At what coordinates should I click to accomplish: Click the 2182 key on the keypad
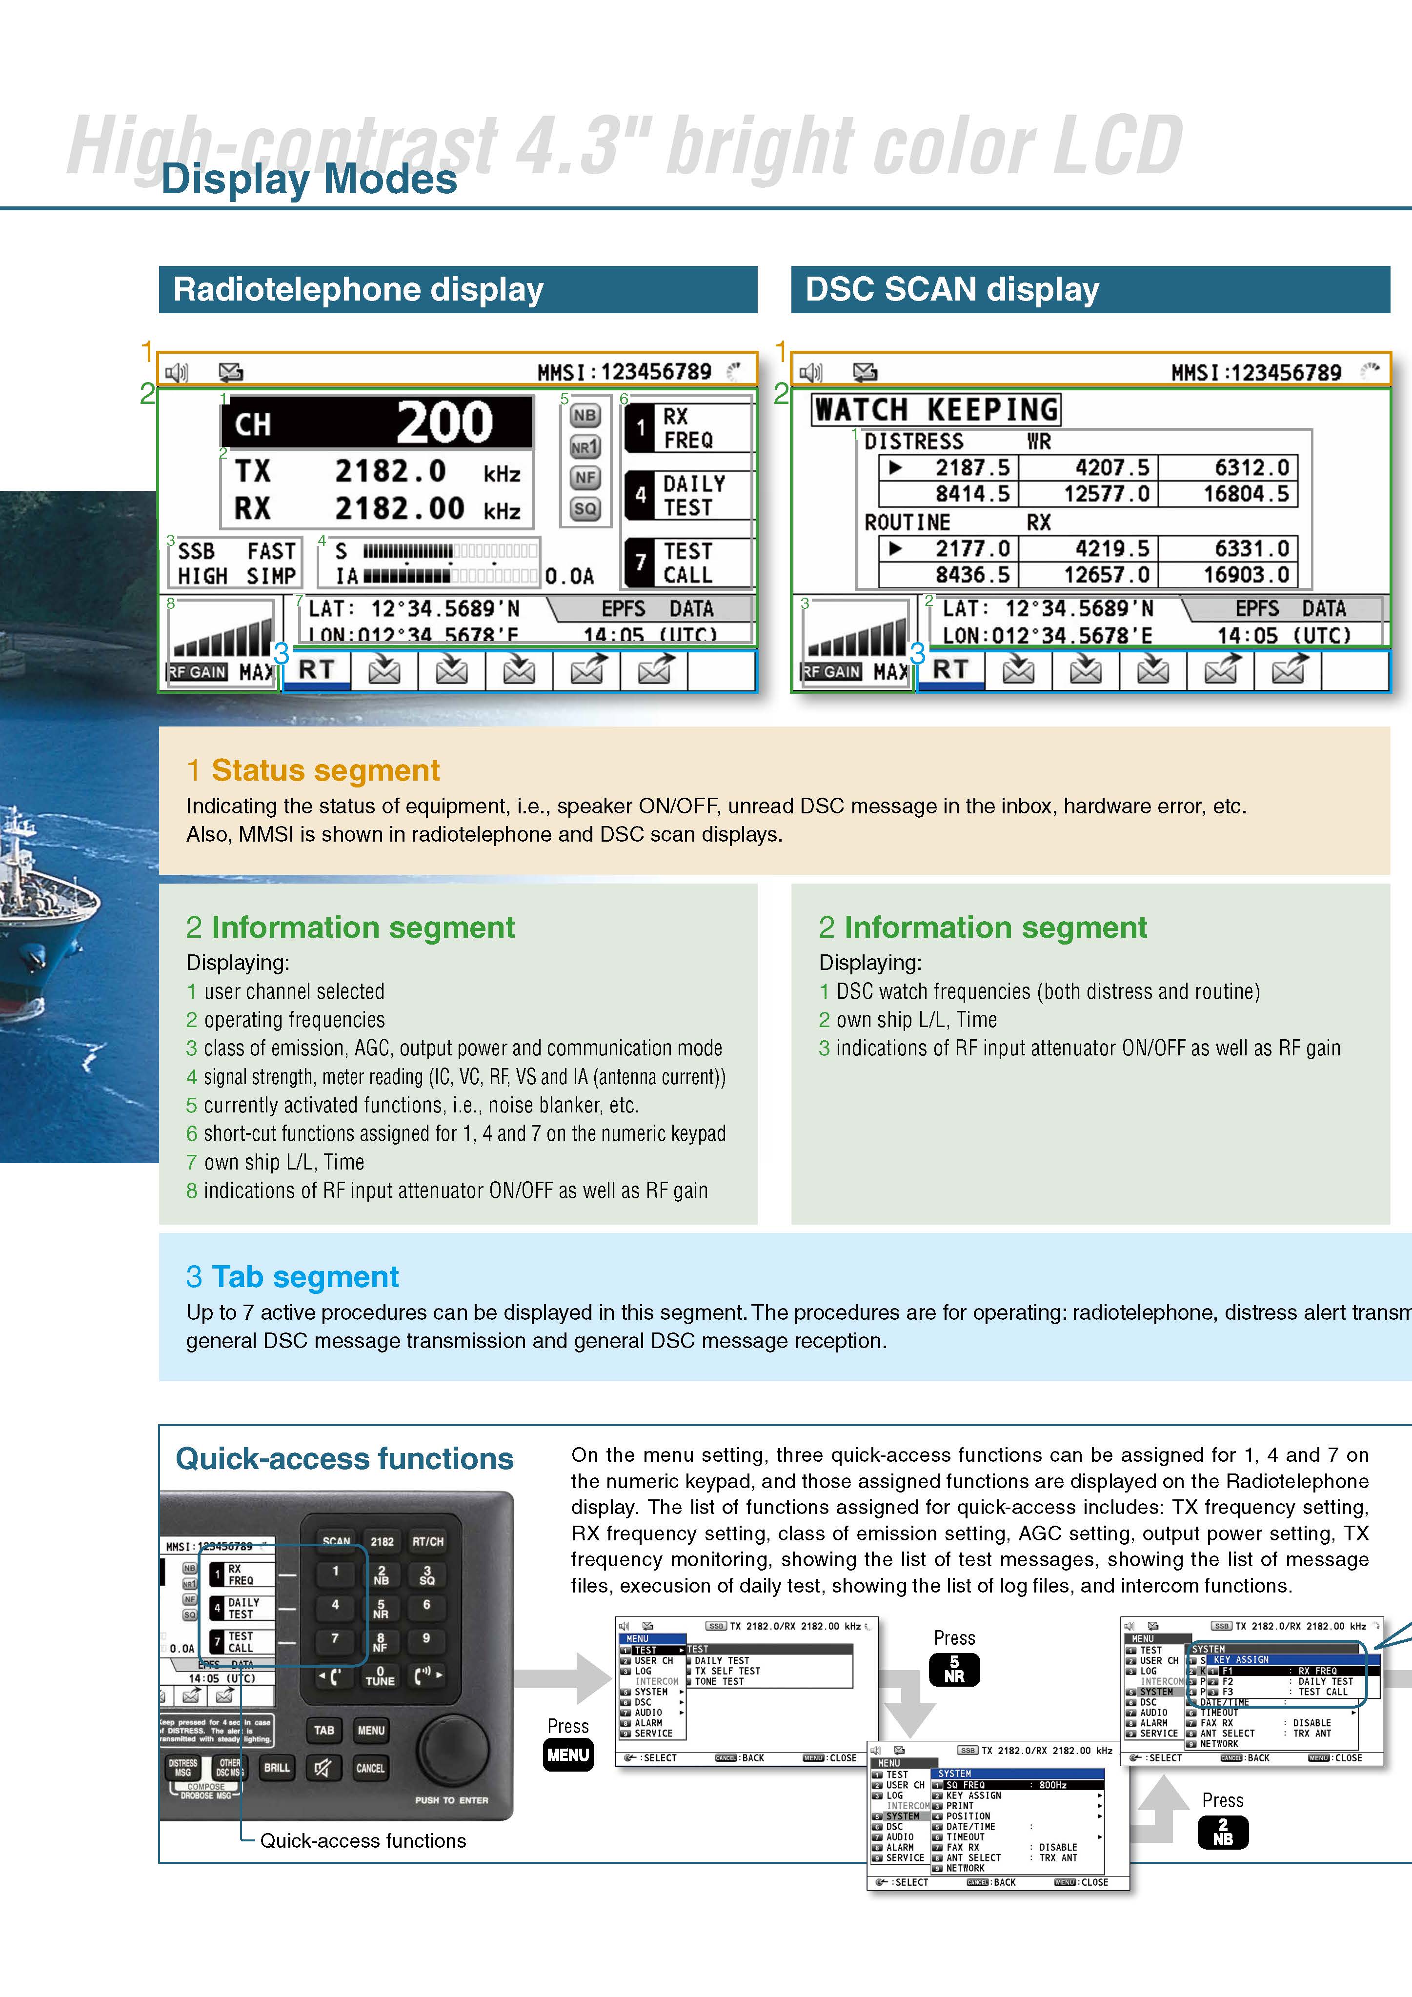click(x=382, y=1541)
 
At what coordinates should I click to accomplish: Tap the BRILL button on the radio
click(x=277, y=1767)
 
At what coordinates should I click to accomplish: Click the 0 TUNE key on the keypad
click(x=380, y=1675)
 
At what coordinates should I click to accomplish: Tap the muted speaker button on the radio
click(x=323, y=1767)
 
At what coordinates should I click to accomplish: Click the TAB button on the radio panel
click(x=323, y=1730)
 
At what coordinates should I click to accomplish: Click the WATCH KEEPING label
click(x=936, y=409)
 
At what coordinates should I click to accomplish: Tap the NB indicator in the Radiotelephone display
click(x=585, y=416)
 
